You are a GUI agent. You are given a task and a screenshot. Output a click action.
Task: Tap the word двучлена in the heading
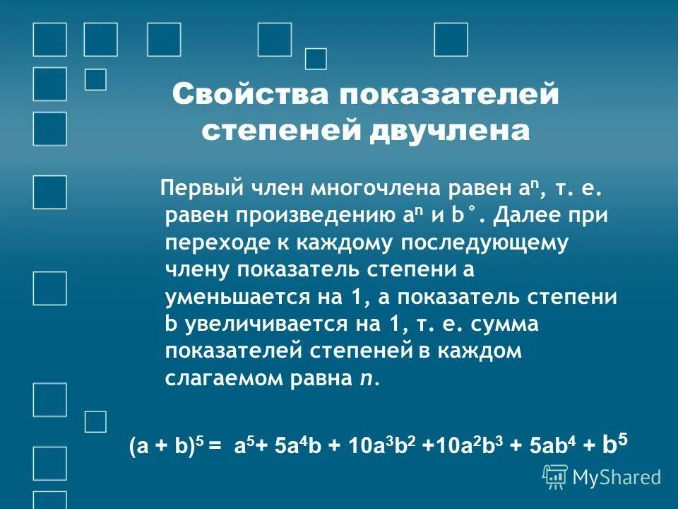point(449,131)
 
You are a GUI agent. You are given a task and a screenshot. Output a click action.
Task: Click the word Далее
point(530,215)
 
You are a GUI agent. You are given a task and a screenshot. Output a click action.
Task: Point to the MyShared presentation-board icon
point(556,477)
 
